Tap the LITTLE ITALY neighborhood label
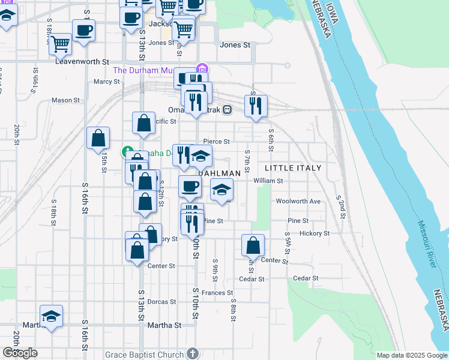pyautogui.click(x=294, y=168)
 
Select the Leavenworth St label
pyautogui.click(x=82, y=61)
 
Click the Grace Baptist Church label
pyautogui.click(x=144, y=354)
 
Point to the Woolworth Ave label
pyautogui.click(x=298, y=201)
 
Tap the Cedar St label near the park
pyautogui.click(x=309, y=278)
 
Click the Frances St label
pyautogui.click(x=217, y=293)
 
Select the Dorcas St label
pyautogui.click(x=160, y=301)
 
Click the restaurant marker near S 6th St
pyautogui.click(x=256, y=106)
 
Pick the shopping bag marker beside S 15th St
pyautogui.click(x=98, y=138)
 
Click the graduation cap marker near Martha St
pyautogui.click(x=52, y=316)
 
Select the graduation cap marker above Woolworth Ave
pyautogui.click(x=221, y=190)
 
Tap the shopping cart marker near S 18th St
pyautogui.click(x=60, y=43)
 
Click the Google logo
pyautogui.click(x=20, y=353)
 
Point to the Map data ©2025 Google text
pyautogui.click(x=412, y=355)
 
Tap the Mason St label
pyautogui.click(x=66, y=100)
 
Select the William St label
pyautogui.click(x=268, y=181)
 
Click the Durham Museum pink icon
pyautogui.click(x=202, y=70)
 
